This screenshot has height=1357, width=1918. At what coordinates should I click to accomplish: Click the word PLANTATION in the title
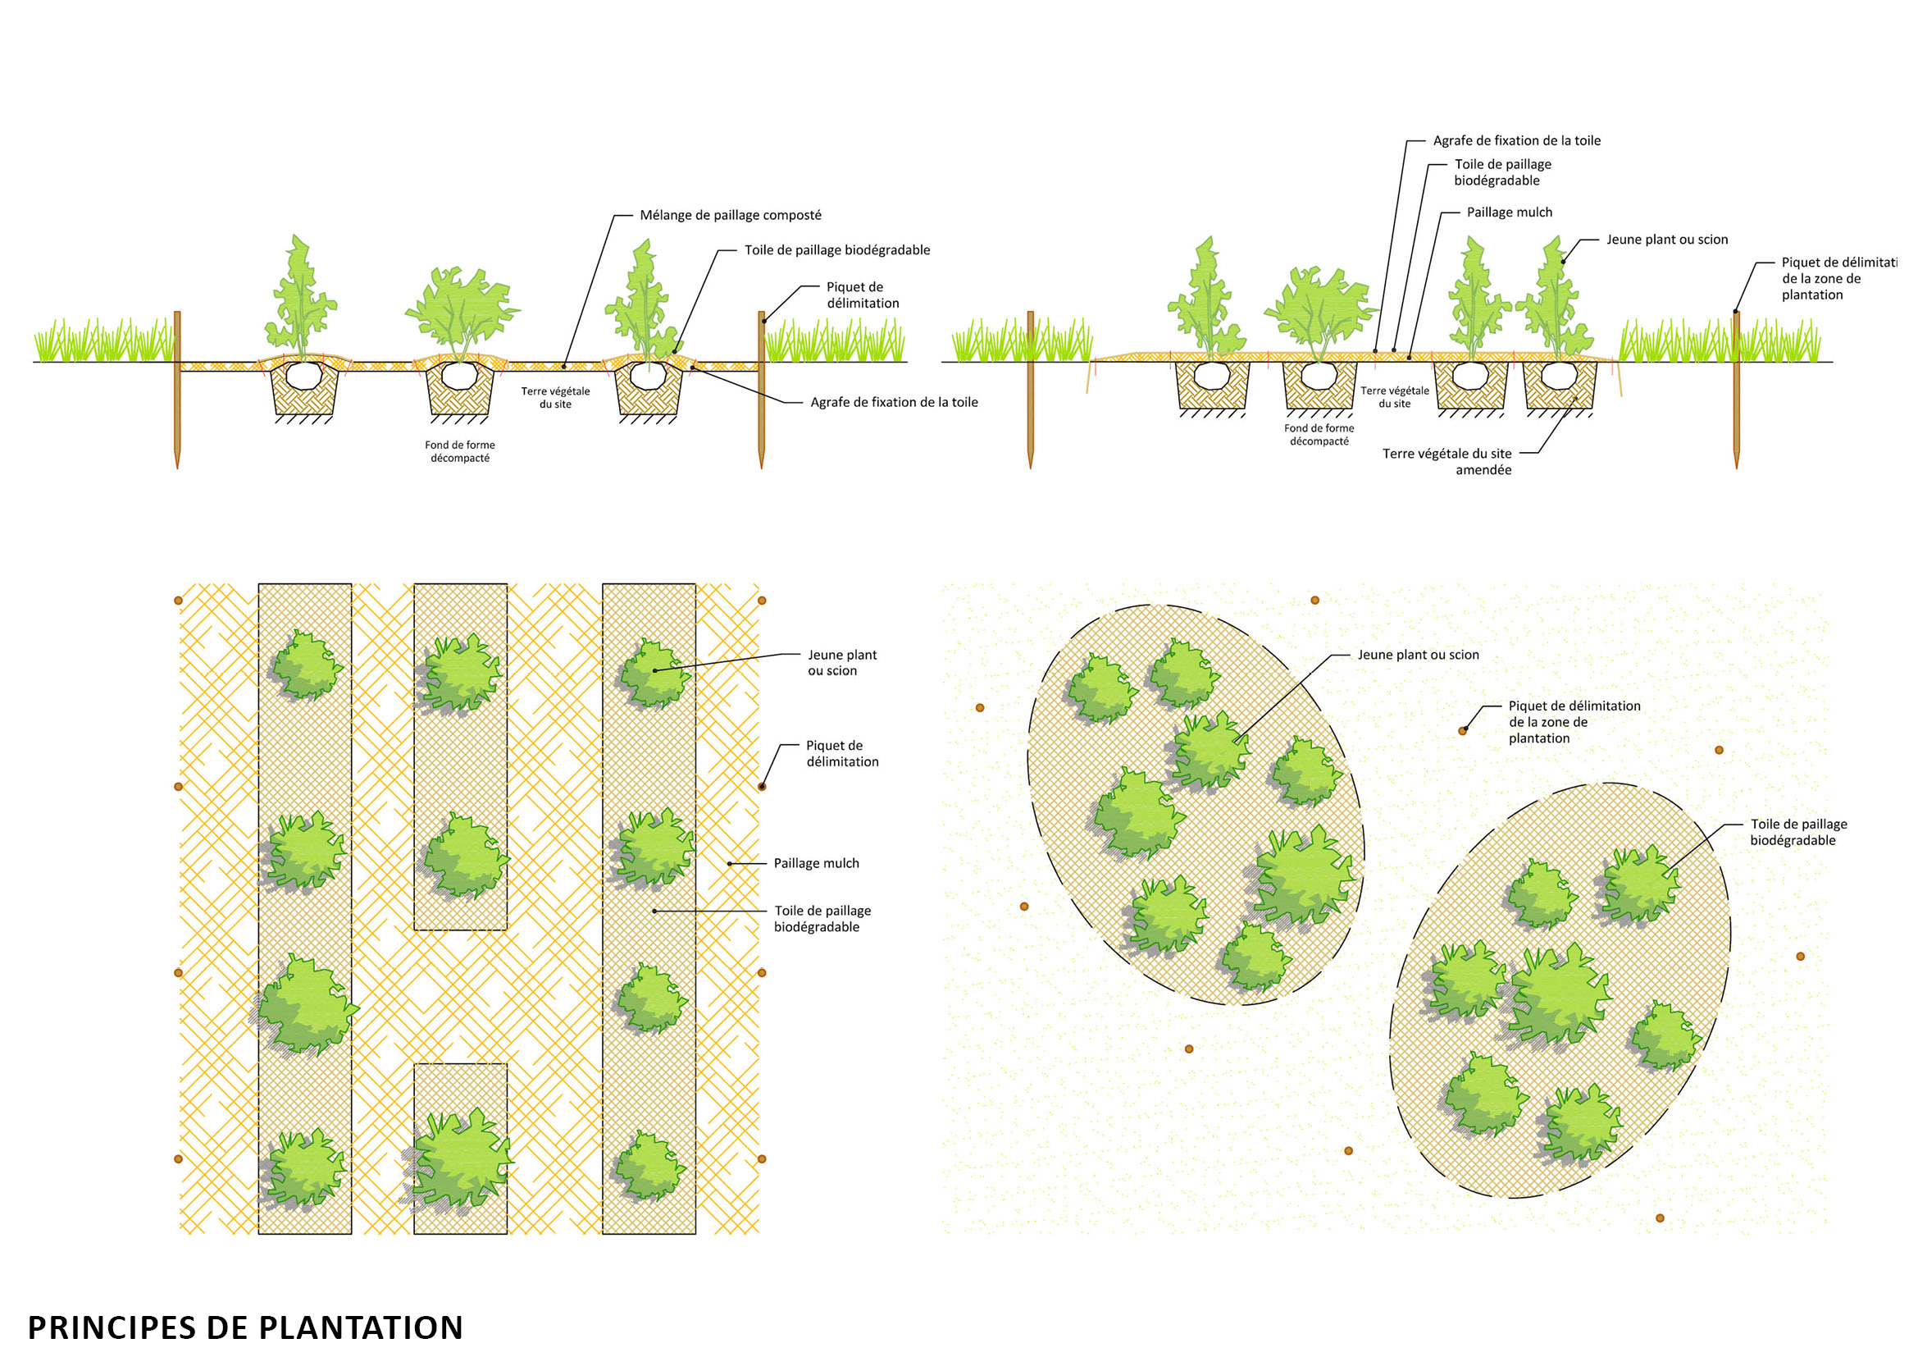click(360, 1327)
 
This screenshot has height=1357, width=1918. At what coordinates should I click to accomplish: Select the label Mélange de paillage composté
click(730, 216)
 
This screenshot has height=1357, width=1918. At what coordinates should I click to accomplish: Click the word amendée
click(1483, 470)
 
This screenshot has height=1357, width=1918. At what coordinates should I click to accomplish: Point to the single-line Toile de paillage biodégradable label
click(837, 251)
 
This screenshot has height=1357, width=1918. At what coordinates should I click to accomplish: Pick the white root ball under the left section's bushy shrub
click(459, 375)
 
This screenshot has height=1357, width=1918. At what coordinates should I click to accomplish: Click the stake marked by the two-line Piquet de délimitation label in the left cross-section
click(761, 389)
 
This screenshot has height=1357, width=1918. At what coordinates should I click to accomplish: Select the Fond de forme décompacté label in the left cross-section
click(459, 452)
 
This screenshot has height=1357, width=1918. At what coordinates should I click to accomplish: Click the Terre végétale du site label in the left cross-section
click(555, 398)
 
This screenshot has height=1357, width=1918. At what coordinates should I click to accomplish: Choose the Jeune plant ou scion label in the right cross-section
click(1666, 240)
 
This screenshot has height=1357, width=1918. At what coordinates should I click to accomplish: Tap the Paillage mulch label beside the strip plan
click(816, 863)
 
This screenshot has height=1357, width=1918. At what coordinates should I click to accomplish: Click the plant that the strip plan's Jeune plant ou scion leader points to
click(654, 673)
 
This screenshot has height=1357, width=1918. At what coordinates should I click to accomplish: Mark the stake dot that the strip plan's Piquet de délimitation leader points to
click(761, 786)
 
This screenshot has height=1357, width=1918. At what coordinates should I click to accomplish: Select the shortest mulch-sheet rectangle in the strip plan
click(460, 1149)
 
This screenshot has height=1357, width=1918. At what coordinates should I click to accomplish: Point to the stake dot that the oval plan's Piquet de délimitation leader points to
click(1462, 731)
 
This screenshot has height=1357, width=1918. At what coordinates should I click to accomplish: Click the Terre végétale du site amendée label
click(1446, 462)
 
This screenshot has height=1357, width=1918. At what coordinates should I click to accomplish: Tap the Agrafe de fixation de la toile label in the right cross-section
click(1516, 141)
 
